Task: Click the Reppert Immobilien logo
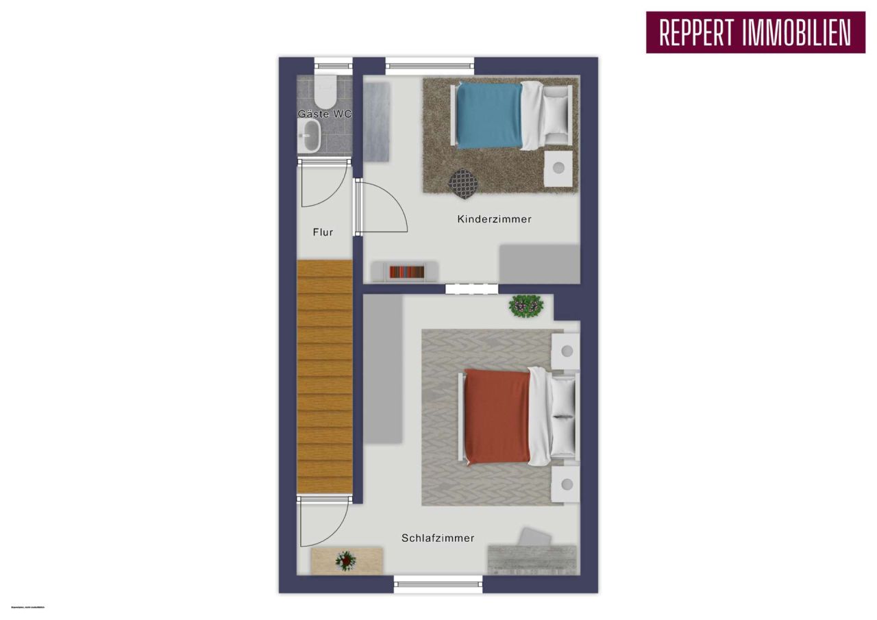(x=754, y=32)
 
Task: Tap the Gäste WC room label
(x=325, y=114)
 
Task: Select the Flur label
(x=323, y=232)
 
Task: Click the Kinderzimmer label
(x=494, y=219)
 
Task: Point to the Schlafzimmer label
(x=438, y=538)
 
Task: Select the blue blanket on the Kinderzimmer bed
(x=489, y=114)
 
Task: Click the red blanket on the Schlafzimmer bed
(x=497, y=416)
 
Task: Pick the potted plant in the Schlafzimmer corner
(x=526, y=306)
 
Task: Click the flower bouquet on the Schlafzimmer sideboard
(x=346, y=561)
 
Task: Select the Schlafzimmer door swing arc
(x=322, y=525)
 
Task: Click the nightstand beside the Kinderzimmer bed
(x=558, y=167)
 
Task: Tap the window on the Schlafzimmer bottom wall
(x=438, y=584)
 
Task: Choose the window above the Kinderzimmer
(x=430, y=66)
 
